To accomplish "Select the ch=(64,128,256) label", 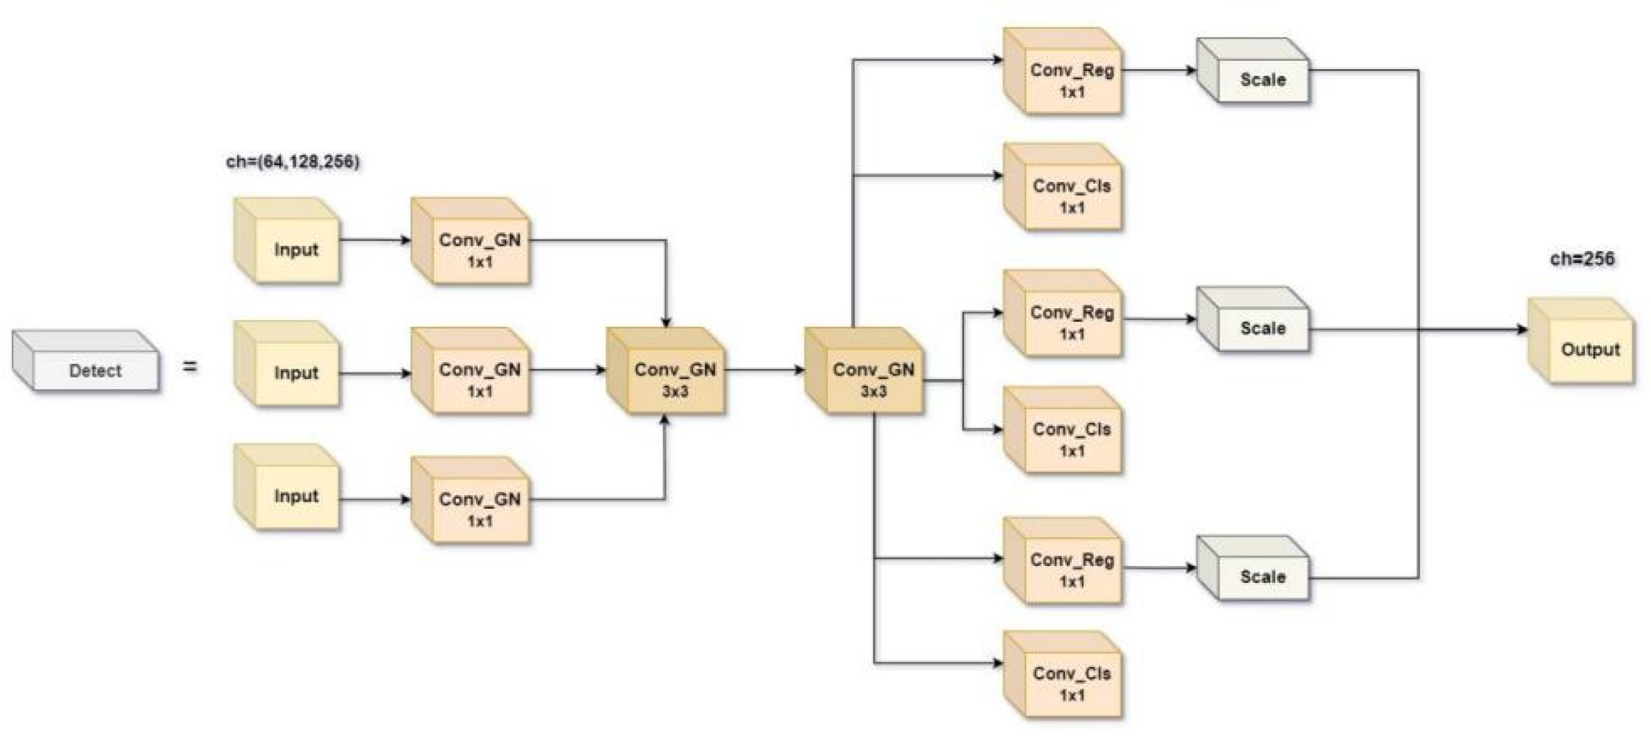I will (x=292, y=162).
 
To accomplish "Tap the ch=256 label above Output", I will (x=1582, y=258).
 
